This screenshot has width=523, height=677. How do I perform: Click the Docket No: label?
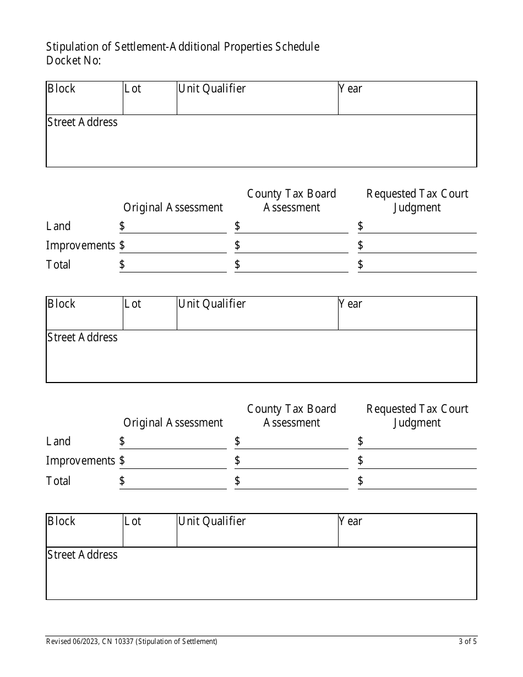[x=73, y=61]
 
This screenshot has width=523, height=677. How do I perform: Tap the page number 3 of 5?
[x=467, y=641]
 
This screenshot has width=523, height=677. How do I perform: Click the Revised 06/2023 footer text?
[x=132, y=641]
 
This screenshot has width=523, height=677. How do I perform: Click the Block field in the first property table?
[x=84, y=99]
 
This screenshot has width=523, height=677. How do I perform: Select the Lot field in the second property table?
[x=150, y=314]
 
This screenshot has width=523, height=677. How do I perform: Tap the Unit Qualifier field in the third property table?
[x=257, y=531]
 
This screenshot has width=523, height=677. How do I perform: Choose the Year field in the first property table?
[x=407, y=99]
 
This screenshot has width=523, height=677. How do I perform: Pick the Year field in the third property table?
[x=407, y=531]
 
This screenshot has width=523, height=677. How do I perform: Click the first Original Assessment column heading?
[x=173, y=208]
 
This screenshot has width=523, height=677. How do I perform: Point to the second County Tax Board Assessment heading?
[x=291, y=416]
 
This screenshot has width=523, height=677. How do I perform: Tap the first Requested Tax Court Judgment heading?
[x=417, y=200]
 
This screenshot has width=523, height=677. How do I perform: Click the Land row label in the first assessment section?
[x=58, y=226]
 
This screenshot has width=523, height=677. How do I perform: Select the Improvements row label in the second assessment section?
[x=80, y=461]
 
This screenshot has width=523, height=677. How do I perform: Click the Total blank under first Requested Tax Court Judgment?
[x=421, y=265]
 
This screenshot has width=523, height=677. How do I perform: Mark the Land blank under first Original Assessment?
[x=176, y=227]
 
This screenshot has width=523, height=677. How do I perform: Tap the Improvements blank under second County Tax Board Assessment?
[x=295, y=461]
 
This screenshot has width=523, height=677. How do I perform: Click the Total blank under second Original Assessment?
[x=176, y=482]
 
